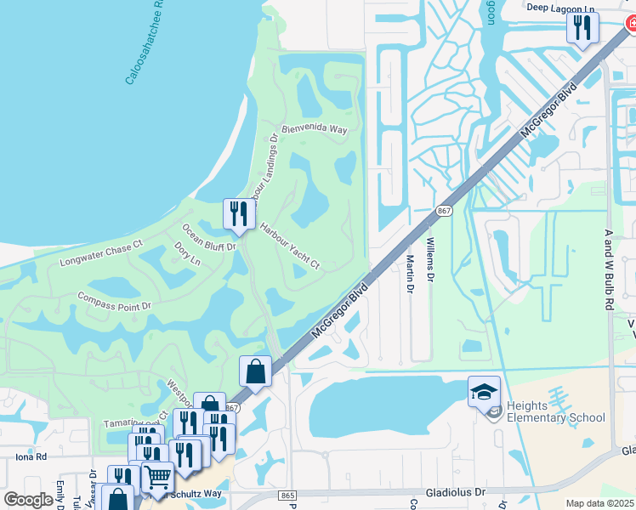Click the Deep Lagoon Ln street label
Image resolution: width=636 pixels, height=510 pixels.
coord(563,7)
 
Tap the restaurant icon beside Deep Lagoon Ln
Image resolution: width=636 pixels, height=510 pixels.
coord(582,28)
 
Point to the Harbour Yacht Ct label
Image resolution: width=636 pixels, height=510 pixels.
coord(289,247)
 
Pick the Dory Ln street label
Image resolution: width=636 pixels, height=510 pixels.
coord(186,252)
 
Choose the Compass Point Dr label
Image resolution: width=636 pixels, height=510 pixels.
coord(114,301)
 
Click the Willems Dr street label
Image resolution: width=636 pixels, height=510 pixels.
coord(430,260)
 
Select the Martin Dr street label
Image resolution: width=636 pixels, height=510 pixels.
coord(409,274)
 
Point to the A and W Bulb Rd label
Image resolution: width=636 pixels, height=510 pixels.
coord(609,269)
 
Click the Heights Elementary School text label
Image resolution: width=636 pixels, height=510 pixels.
coord(555,411)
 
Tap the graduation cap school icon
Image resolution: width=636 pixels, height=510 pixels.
coord(484,391)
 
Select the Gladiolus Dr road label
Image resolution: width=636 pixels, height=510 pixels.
coord(455,492)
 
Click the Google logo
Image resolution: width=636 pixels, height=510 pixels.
coord(28,500)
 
